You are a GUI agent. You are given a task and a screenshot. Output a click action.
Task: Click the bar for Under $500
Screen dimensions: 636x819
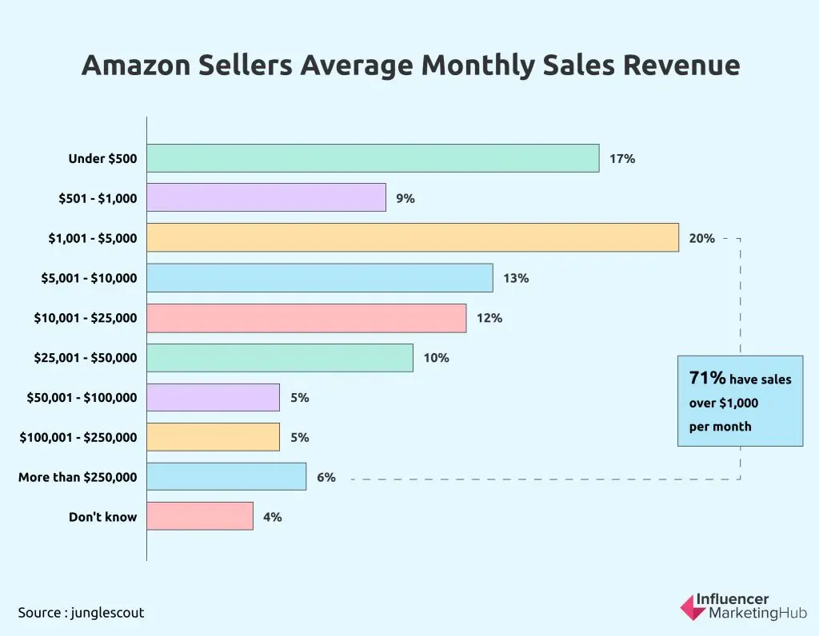[x=373, y=158]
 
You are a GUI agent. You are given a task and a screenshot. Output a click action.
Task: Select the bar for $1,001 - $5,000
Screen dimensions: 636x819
[x=413, y=238]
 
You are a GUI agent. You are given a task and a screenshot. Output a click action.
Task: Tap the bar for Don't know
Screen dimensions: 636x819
[x=200, y=516]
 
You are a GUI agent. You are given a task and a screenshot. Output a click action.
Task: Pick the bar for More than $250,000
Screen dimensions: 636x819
[x=226, y=477]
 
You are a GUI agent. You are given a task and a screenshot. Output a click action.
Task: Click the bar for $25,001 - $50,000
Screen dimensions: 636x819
[x=280, y=358]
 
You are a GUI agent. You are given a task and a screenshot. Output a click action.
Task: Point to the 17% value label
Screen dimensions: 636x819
[x=622, y=159]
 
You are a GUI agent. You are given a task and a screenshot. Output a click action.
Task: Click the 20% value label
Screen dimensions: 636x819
[x=701, y=238]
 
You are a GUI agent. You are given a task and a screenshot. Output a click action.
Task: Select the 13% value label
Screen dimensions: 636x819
[x=516, y=278]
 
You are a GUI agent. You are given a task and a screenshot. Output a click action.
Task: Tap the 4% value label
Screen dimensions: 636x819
[x=272, y=517]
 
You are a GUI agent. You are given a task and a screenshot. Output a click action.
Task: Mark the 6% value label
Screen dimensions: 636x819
[x=326, y=477]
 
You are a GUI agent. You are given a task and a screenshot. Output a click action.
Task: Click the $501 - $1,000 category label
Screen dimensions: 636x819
[x=98, y=199]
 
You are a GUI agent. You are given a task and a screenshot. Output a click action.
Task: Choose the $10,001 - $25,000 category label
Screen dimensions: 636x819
[x=85, y=318]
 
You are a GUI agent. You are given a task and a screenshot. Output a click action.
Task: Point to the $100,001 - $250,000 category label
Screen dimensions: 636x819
[x=78, y=437]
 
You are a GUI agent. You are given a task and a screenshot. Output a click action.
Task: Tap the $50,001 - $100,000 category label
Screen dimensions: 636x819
[x=82, y=398]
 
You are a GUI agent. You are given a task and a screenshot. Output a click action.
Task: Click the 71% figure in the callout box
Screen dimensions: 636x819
[x=707, y=378]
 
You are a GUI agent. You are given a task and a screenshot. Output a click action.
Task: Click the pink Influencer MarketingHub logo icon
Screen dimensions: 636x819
[x=693, y=606]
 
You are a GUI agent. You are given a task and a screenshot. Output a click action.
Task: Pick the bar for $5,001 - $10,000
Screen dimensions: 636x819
[x=320, y=278]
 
